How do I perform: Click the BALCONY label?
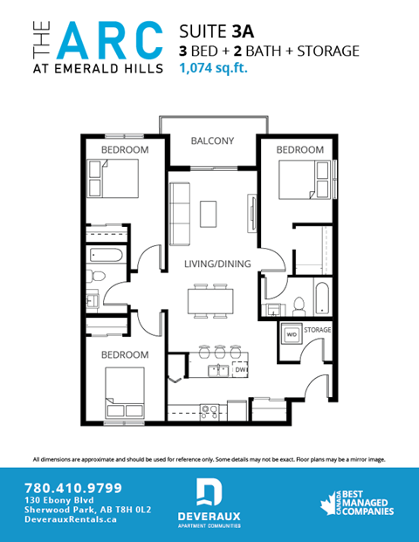pos(213,141)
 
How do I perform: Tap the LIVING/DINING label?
pos(217,264)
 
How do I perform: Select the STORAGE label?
pos(319,330)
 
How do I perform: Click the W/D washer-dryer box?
pos(291,333)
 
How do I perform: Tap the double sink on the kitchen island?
pos(217,371)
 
